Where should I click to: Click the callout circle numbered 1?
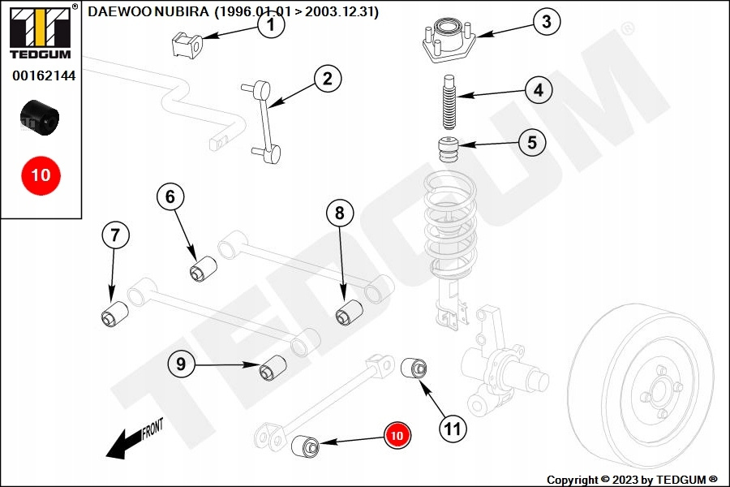click(271, 25)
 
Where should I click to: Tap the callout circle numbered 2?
click(327, 79)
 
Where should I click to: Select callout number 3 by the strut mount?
click(547, 22)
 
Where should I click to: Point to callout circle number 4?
click(538, 89)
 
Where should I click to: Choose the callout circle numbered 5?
click(531, 143)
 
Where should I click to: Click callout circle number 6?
click(170, 196)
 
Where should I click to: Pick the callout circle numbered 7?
click(115, 236)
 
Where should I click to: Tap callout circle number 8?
click(340, 213)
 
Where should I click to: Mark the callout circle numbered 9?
click(181, 364)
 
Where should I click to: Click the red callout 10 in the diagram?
click(397, 436)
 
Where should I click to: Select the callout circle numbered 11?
click(453, 428)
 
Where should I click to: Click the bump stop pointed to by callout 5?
click(444, 152)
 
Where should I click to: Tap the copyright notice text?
click(632, 480)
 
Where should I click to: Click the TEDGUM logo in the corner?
click(41, 31)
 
